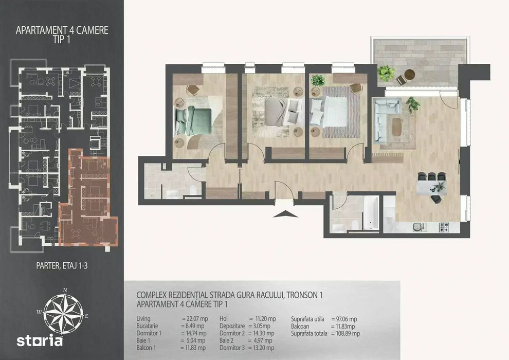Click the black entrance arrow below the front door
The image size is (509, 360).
(285, 214)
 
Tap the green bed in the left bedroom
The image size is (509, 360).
(193, 121)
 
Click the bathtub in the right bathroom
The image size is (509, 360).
(370, 212)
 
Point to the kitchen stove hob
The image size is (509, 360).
(444, 227)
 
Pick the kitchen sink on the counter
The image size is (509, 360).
(417, 227)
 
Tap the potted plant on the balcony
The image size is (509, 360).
(386, 73)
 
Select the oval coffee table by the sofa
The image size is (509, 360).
(396, 127)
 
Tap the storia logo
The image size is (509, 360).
(40, 341)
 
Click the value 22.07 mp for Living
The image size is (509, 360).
(195, 319)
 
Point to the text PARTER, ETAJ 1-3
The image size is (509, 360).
(62, 266)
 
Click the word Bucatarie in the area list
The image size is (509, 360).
(148, 326)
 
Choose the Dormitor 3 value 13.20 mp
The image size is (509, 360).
(261, 348)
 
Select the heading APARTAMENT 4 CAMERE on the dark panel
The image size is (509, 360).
(62, 30)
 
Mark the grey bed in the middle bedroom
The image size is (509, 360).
(281, 112)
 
